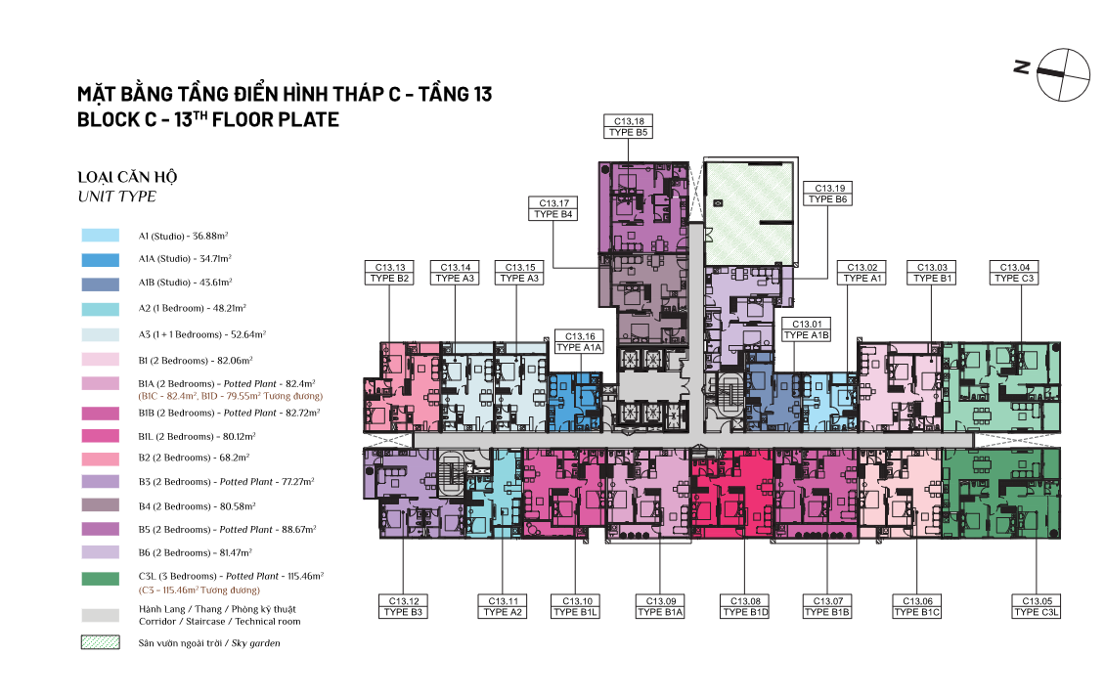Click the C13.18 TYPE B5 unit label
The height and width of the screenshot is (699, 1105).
(x=628, y=127)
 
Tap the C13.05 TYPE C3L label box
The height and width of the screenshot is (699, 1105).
(x=1036, y=607)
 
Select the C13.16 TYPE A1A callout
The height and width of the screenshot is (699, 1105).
(x=579, y=342)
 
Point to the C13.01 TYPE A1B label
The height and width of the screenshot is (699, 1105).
(x=806, y=329)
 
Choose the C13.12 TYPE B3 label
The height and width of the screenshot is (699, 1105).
(x=403, y=607)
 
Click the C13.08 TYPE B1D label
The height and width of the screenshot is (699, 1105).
(x=745, y=607)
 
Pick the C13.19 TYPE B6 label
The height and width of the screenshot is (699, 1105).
(x=828, y=194)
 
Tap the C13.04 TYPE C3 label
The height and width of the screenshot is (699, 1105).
(x=1014, y=273)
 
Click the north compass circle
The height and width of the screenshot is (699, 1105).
(x=1063, y=74)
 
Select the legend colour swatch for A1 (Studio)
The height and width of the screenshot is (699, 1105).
(x=100, y=236)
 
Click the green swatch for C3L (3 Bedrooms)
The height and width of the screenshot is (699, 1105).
(x=100, y=579)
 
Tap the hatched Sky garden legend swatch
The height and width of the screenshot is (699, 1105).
(x=100, y=642)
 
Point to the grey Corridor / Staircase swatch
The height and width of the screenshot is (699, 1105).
(x=100, y=615)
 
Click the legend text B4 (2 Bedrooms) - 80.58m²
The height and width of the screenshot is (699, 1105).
(x=197, y=506)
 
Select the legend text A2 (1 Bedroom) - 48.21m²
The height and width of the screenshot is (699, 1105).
(x=192, y=308)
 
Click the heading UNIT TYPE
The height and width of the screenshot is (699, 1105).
(x=117, y=197)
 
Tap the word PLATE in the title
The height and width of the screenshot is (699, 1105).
(x=312, y=120)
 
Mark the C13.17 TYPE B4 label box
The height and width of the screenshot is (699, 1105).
(x=553, y=208)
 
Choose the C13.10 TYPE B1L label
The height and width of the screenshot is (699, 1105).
(x=576, y=607)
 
